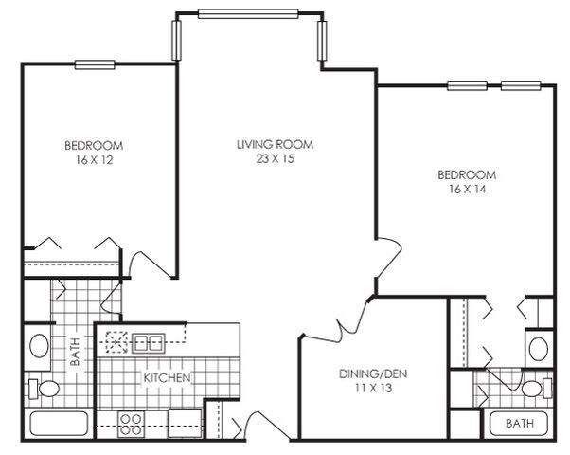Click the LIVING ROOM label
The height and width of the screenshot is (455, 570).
tap(275, 144)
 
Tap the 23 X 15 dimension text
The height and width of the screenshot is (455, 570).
tap(275, 159)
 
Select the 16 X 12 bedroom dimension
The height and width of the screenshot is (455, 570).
tap(94, 160)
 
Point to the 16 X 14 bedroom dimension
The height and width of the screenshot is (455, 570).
tap(466, 190)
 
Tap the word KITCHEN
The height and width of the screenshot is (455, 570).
tap(168, 378)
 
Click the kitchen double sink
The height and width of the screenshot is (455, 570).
tap(149, 342)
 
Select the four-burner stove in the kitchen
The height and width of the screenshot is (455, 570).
tap(130, 422)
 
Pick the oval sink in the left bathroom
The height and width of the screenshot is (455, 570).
tap(39, 345)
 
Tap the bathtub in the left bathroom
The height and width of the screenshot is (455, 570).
tap(58, 424)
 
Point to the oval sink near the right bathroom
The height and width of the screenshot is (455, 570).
tap(538, 347)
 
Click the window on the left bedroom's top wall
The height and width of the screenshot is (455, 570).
tap(94, 64)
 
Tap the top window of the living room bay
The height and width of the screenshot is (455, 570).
tap(249, 14)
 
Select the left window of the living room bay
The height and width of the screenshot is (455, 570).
tap(175, 40)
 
